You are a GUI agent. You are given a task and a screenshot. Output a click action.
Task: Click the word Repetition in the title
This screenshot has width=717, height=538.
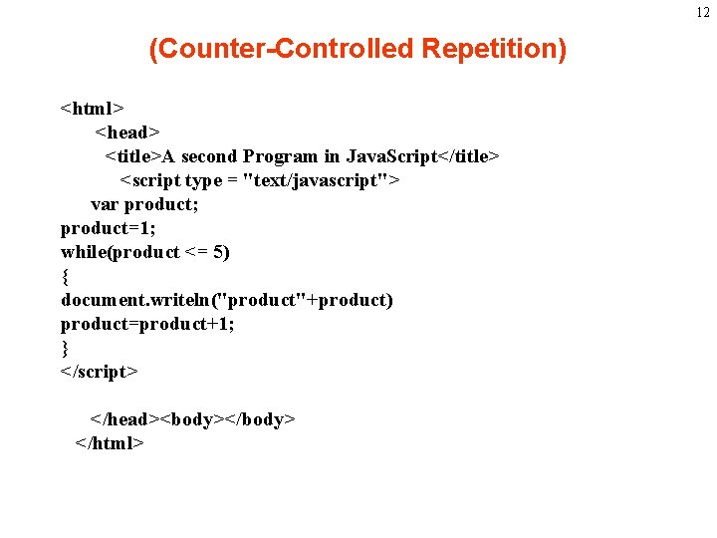pos(493,49)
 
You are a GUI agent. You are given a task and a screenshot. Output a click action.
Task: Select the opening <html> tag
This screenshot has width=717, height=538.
pos(92,108)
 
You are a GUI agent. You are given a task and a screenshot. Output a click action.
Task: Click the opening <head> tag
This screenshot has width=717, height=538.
pos(127,132)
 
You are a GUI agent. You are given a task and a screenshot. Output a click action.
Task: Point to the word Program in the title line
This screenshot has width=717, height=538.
pos(281,156)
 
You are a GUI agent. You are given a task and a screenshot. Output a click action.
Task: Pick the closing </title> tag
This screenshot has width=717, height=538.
pos(469,156)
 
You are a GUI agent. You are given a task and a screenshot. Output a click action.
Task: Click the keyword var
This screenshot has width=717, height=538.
pos(105,204)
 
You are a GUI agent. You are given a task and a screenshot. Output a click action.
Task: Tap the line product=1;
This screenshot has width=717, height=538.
pos(108,228)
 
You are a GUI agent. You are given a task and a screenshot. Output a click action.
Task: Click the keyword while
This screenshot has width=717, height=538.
pos(84,252)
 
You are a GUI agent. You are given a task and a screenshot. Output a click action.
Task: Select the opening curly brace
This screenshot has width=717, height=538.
pos(65,276)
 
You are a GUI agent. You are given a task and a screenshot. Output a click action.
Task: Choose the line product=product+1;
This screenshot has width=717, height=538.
pos(147,324)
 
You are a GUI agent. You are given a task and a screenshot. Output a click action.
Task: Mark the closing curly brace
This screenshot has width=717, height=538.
pos(65,348)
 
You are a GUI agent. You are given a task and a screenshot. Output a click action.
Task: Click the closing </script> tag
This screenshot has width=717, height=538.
pos(100,372)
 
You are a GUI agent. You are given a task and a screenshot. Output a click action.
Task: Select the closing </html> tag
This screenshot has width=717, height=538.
pos(111,443)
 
